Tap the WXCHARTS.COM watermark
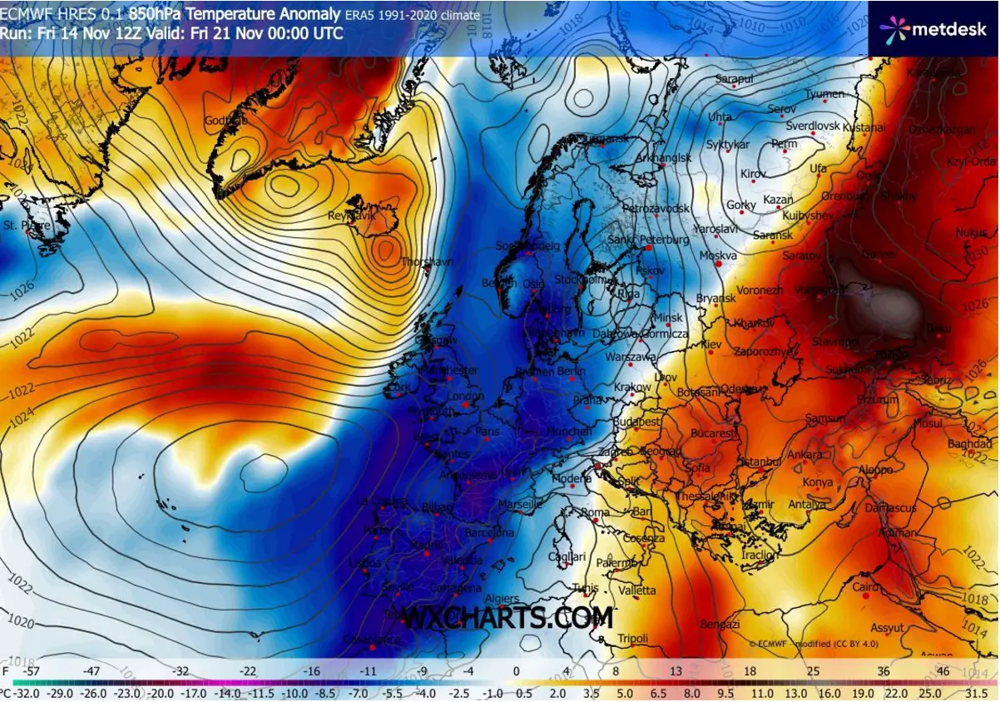coord(507,618)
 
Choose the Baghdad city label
coord(970,444)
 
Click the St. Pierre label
coord(27,225)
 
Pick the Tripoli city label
coord(633,639)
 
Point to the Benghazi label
coord(720,624)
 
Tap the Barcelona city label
coord(490,532)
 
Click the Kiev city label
coord(711,344)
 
